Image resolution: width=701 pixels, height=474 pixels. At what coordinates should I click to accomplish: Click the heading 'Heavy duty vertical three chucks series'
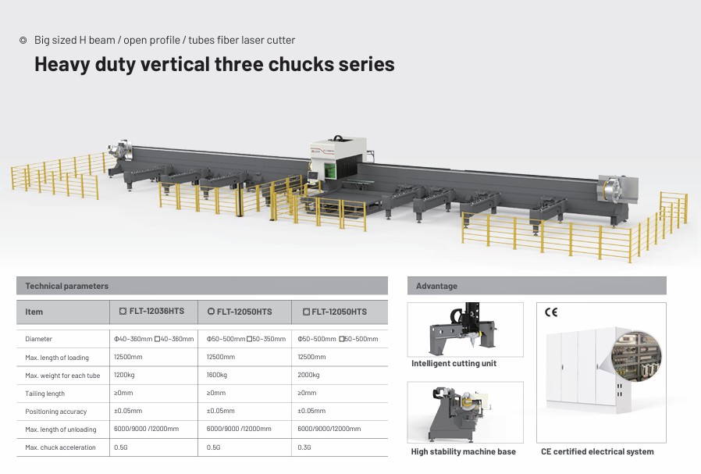pos(214,64)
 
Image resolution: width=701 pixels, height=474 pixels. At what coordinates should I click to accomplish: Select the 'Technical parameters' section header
pos(67,286)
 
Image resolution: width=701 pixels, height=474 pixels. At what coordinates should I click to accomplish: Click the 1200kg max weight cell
pos(126,375)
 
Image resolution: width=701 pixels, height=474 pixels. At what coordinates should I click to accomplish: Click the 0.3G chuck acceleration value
pos(304,447)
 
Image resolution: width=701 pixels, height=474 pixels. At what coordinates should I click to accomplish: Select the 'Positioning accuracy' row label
pos(56,412)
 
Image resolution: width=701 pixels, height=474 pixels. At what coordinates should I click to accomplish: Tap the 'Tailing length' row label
pos(45,394)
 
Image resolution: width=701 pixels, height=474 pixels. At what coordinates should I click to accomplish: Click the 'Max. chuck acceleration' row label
pos(60,447)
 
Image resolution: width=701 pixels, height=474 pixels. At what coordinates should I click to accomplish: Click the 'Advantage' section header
pos(436,286)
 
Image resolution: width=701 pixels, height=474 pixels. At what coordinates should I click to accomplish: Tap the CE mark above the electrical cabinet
pos(551,312)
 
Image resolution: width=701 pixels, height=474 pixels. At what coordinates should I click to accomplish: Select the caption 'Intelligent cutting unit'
pos(454,363)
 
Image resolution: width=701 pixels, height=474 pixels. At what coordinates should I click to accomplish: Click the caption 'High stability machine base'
pos(463,451)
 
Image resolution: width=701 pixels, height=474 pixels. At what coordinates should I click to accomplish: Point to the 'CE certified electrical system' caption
pos(597,451)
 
